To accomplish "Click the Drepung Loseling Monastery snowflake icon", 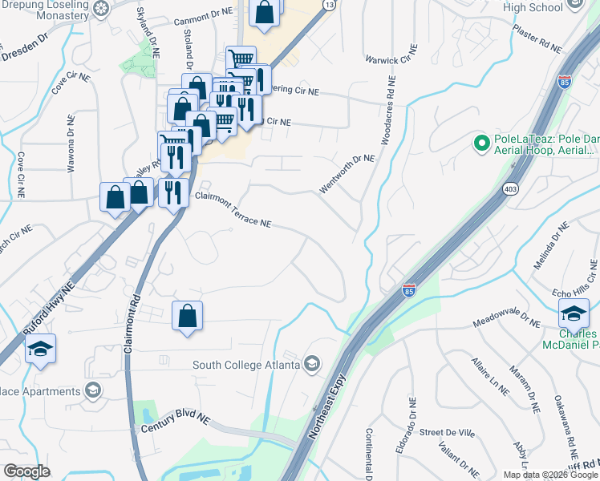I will coord(101,9).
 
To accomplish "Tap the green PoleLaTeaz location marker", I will coord(481,144).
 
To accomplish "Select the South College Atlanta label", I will coord(245,366).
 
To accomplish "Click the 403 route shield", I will coord(510,188).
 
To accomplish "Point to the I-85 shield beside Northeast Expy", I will coord(409,289).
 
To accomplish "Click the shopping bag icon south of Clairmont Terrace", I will coord(187,317).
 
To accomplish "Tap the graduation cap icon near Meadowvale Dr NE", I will coord(574,313).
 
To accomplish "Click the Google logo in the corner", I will coord(26,471).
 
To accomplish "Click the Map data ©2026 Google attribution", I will coord(550,474).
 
